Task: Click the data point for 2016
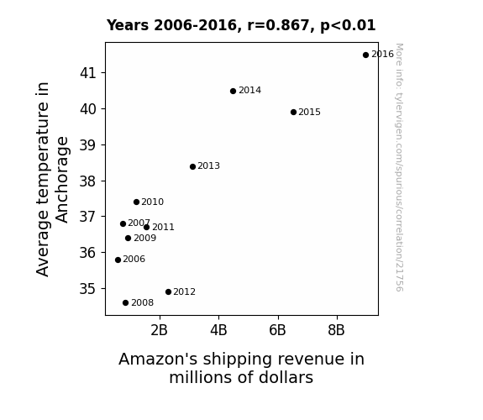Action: tap(365, 55)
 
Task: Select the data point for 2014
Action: tap(233, 92)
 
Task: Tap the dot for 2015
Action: tap(293, 113)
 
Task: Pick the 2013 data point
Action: tap(192, 166)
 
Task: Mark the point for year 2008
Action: tap(125, 303)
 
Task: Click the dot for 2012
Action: tap(168, 291)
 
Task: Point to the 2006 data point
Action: tap(118, 260)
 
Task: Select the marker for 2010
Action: tap(136, 202)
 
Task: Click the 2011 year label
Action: tap(163, 228)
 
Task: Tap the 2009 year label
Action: tap(145, 239)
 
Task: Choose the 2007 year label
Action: tap(139, 223)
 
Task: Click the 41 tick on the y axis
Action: tap(88, 73)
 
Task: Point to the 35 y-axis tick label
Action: tap(88, 289)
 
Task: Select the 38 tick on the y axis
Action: tap(88, 181)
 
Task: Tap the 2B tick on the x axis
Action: tap(160, 330)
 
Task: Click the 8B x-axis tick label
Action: tap(336, 330)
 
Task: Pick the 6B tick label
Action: tap(277, 330)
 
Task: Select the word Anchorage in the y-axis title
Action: tap(62, 180)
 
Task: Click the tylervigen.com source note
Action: tap(399, 167)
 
